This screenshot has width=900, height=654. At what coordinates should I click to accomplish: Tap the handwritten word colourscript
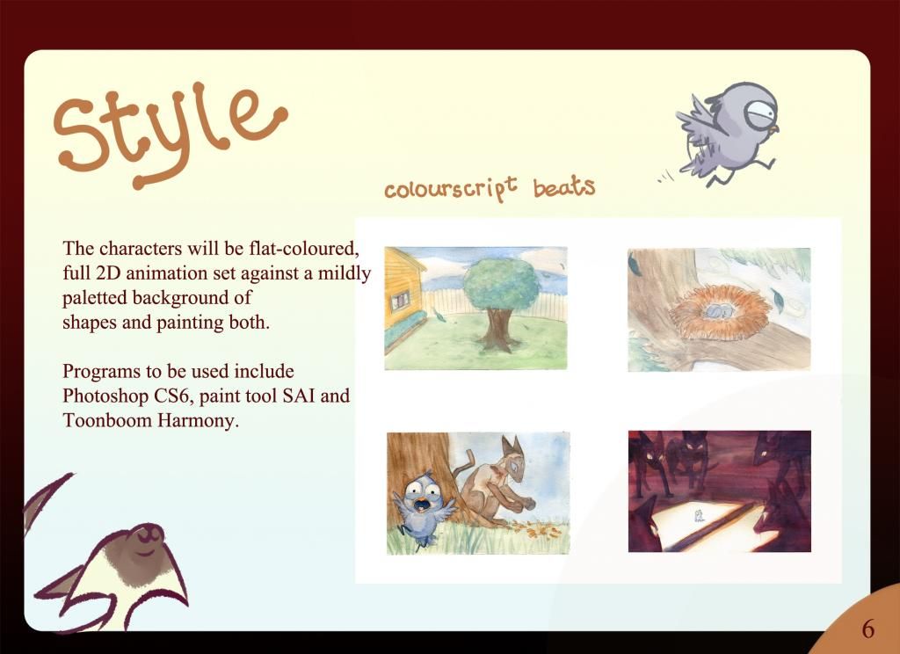pyautogui.click(x=451, y=188)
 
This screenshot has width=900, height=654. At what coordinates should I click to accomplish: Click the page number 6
pyautogui.click(x=867, y=629)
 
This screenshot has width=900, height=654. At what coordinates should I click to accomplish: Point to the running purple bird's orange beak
pyautogui.click(x=773, y=130)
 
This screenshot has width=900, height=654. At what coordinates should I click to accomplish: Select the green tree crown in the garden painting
pyautogui.click(x=501, y=285)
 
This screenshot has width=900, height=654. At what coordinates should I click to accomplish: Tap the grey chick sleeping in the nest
pyautogui.click(x=718, y=311)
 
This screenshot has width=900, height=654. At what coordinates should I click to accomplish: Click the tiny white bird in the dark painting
pyautogui.click(x=699, y=515)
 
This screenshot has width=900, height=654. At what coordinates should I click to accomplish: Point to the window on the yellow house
pyautogui.click(x=400, y=300)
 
